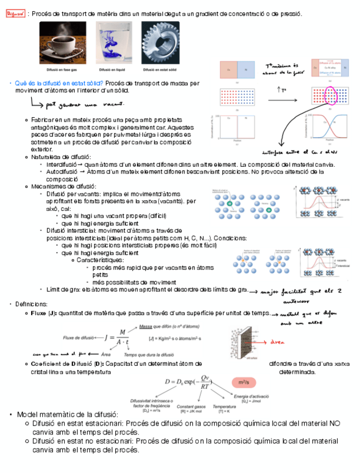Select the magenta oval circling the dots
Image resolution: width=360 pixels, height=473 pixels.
point(332,96)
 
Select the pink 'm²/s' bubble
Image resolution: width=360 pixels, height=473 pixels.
point(244,383)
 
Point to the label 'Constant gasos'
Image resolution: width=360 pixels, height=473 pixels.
point(191,406)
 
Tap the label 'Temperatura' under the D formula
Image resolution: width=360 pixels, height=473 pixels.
point(224,406)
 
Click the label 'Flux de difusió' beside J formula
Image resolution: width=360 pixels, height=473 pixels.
point(79,337)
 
